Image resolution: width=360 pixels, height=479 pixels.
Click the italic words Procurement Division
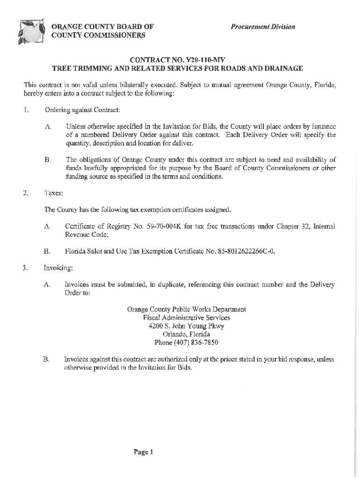pos(263,27)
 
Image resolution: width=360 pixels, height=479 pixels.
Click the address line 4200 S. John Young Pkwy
pos(187,326)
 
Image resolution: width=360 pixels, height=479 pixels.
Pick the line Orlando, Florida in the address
pos(187,334)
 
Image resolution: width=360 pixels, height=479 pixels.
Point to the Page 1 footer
pos(143,452)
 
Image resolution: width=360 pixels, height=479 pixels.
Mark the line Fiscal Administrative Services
pos(187,318)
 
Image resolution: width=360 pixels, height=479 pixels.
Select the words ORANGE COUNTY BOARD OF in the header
pos(102,26)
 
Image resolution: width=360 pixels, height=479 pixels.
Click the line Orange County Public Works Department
pos(187,309)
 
